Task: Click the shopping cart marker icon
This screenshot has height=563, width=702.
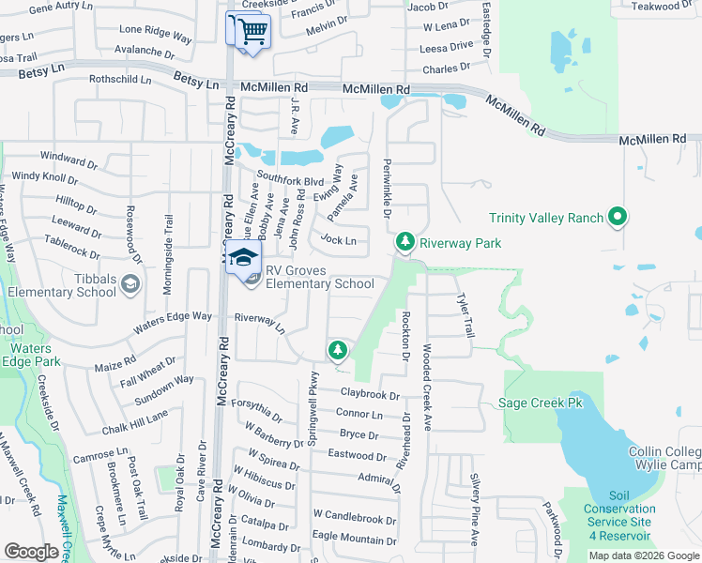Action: [252, 31]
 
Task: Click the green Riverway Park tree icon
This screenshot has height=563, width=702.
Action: [404, 242]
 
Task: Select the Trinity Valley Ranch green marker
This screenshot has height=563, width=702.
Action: [617, 219]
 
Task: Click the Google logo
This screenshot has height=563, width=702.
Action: [32, 552]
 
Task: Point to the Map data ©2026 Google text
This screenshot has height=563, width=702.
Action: [644, 555]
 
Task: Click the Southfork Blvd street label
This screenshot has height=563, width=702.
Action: [290, 180]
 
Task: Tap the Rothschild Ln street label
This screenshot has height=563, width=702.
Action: [120, 80]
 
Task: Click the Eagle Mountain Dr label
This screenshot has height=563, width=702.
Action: [354, 540]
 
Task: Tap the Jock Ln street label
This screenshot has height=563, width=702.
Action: [337, 241]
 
